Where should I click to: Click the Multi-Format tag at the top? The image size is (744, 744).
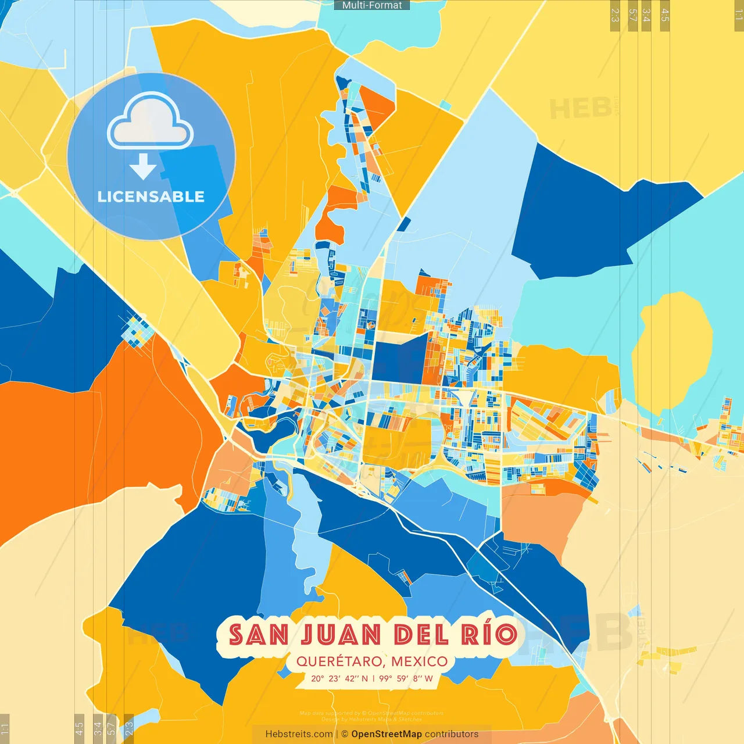click(x=372, y=5)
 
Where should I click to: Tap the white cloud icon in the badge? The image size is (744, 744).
click(x=151, y=122)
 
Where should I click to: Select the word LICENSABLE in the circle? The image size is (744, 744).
click(x=151, y=197)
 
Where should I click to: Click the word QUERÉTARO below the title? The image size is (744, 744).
click(x=339, y=661)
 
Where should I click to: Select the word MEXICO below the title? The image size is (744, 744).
click(x=419, y=661)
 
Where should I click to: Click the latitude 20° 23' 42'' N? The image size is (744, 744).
click(x=339, y=678)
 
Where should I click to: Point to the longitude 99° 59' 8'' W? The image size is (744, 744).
click(x=406, y=678)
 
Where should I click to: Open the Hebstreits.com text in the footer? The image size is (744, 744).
click(x=299, y=734)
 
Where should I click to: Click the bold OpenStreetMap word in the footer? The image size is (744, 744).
click(x=387, y=734)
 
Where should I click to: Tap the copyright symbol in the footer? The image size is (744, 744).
click(x=345, y=734)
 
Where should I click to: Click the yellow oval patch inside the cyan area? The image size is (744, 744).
click(x=672, y=350)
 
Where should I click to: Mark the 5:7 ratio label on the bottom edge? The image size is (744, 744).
click(x=111, y=728)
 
